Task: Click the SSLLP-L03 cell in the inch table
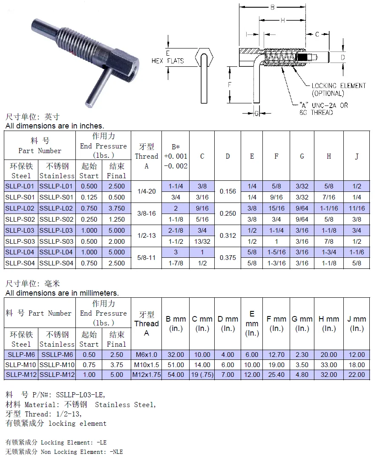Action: (57, 231)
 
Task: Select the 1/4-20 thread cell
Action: (146, 191)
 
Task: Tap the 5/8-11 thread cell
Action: (146, 258)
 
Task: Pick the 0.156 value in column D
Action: (227, 191)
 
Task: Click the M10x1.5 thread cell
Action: (146, 365)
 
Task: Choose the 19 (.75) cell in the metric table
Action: (201, 375)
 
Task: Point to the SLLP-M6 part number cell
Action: (21, 354)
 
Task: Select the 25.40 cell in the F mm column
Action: (276, 375)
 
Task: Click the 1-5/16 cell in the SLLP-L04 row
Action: (276, 252)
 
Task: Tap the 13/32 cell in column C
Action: (202, 241)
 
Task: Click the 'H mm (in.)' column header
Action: (328, 324)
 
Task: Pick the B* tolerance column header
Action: (176, 156)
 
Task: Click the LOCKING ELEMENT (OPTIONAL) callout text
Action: (338, 89)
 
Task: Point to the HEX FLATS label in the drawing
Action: (168, 61)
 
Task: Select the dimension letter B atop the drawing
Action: (272, 7)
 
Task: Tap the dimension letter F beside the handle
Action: (230, 85)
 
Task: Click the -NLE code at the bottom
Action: (115, 452)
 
